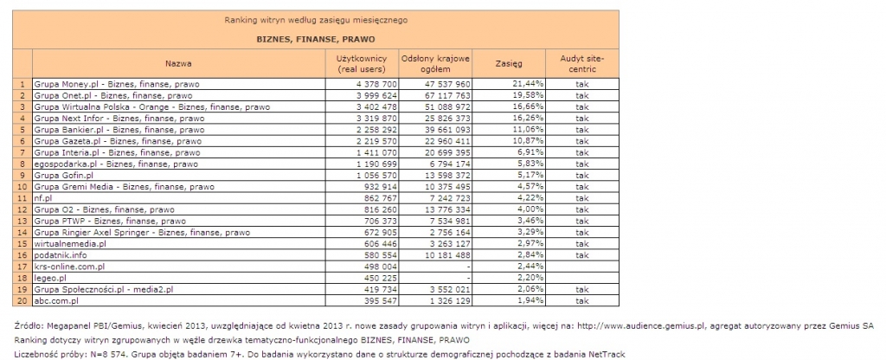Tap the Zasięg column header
(x=509, y=63)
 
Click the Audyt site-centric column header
(x=581, y=63)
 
